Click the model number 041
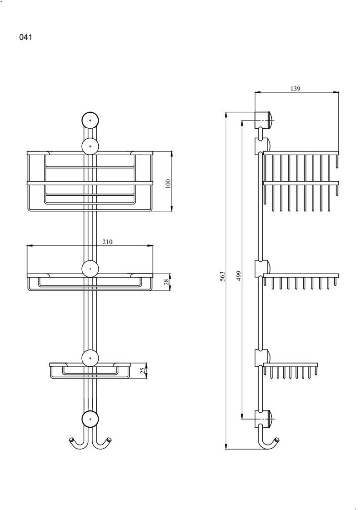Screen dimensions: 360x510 tap(26, 37)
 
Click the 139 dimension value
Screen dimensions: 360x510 tap(295, 89)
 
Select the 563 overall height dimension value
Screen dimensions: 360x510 tap(223, 276)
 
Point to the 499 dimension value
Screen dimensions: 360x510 tap(239, 276)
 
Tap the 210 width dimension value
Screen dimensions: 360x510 tap(108, 242)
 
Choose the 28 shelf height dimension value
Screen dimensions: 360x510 tap(166, 282)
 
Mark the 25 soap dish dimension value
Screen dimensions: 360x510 tap(142, 371)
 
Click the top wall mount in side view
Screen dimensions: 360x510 tap(263, 120)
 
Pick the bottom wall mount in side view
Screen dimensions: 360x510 tap(263, 419)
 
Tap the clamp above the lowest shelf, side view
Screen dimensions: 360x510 tap(263, 358)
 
